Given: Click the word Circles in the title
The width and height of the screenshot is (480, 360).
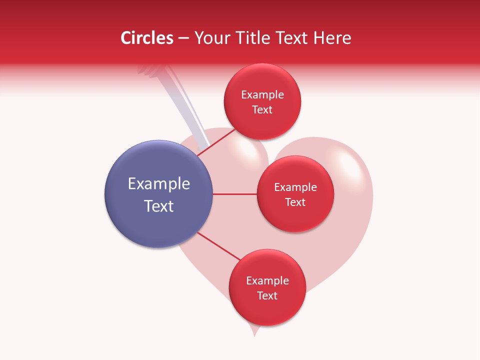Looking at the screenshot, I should coord(146,38).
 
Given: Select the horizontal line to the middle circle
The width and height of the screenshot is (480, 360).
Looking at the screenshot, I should coord(235,194).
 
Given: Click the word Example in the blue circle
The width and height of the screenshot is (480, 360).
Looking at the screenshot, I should coord(159,184).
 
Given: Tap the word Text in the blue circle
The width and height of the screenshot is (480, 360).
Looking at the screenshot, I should coord(159,206).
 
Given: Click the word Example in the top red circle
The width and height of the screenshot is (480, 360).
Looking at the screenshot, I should coord(262,95).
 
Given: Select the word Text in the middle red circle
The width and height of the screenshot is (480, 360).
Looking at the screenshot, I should coord(295,202).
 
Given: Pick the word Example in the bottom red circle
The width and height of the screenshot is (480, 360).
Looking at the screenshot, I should coord(267,281).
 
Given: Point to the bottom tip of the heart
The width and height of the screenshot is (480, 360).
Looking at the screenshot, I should coord(254,334).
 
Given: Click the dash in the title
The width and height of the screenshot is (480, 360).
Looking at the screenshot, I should coord(183,38).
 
